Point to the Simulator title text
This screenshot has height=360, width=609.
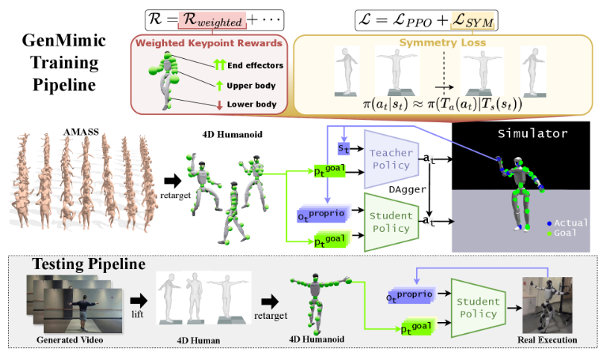click(531, 134)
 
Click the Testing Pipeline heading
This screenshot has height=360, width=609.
click(88, 265)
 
